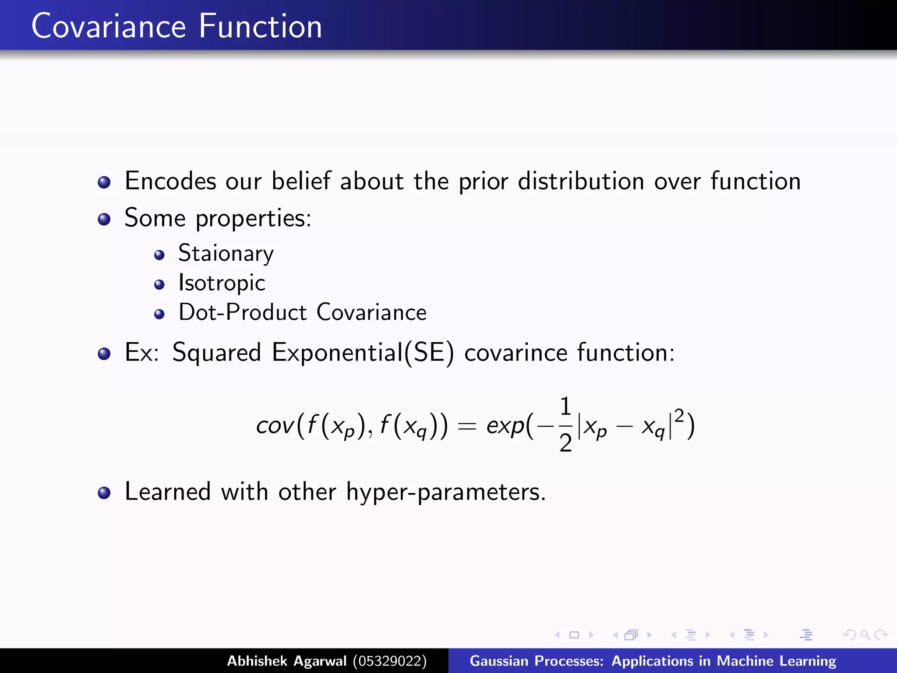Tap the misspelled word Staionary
coord(226,254)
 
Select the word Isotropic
coord(222,283)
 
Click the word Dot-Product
coord(243,312)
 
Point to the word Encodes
coord(170,181)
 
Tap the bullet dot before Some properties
coord(104,219)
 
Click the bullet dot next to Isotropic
coord(159,285)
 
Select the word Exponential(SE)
coord(363,352)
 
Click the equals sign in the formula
coord(466,426)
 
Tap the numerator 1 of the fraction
coord(565,406)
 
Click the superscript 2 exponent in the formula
coord(679,414)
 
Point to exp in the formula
coord(505,426)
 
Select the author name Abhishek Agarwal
coord(286,661)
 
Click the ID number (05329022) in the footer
coord(390,661)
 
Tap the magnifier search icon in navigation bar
coord(865,635)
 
